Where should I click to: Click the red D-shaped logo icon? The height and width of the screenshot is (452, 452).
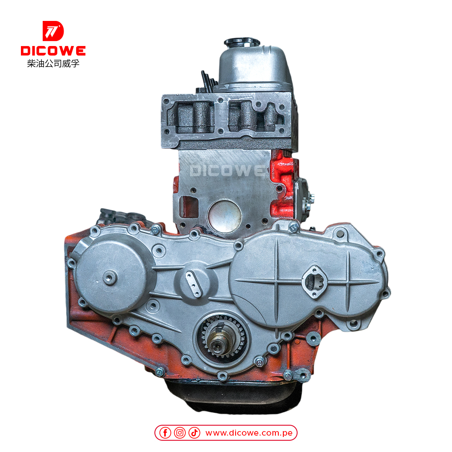pos(53,31)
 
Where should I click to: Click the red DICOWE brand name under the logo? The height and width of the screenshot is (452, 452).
pos(53,51)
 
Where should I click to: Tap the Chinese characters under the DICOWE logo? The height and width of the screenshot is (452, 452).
pos(53,64)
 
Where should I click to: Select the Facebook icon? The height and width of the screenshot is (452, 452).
pos(165,433)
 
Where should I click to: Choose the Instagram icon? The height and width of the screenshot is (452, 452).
pos(180,433)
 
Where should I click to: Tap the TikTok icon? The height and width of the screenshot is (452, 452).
pos(194,433)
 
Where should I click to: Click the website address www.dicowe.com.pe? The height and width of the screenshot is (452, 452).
pos(249,433)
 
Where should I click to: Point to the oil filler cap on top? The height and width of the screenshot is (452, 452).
pos(241,42)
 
